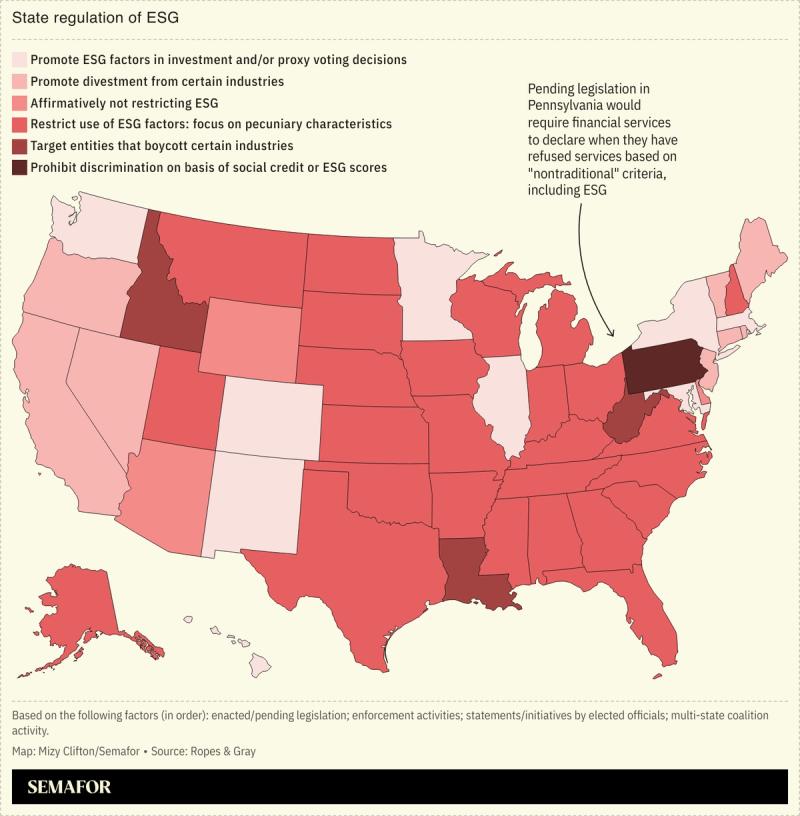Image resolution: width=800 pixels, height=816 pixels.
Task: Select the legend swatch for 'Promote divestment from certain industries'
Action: pyautogui.click(x=20, y=81)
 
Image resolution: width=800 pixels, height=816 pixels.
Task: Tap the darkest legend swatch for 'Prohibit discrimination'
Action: pyautogui.click(x=20, y=167)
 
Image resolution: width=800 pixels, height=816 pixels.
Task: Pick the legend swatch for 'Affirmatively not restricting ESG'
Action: pyautogui.click(x=20, y=103)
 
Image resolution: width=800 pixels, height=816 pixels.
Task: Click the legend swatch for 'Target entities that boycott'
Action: pyautogui.click(x=20, y=146)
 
